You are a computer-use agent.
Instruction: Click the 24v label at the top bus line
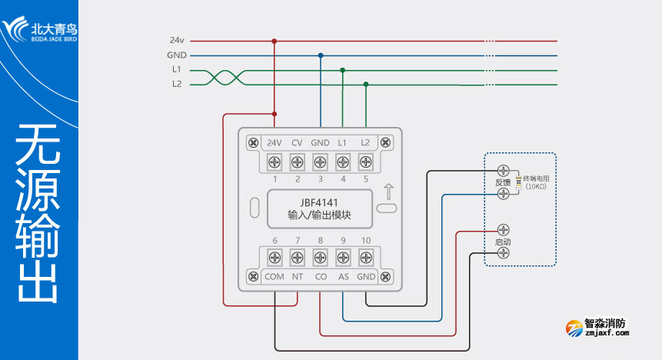pos(177,41)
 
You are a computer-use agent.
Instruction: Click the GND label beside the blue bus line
pos(177,55)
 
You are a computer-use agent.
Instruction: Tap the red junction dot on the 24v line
pos(274,41)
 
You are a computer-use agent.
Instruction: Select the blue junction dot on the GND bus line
pos(321,55)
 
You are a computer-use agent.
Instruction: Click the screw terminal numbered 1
pos(274,162)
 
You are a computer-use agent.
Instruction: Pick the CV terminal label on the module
pos(297,143)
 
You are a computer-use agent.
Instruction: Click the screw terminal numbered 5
pos(365,162)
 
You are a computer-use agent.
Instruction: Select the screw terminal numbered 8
pos(320,258)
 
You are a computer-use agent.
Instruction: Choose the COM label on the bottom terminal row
pos(274,277)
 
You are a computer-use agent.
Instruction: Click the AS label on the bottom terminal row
pos(343,277)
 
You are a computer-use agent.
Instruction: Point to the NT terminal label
pos(298,277)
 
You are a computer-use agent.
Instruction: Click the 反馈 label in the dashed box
pos(504,182)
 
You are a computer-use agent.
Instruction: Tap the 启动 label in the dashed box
pos(504,242)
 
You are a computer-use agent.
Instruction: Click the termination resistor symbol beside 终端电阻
pos(519,182)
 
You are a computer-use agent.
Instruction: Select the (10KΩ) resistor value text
pos(536,187)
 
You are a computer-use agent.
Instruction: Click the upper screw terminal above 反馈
pos(504,170)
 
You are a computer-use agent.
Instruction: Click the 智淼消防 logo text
pos(605,324)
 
